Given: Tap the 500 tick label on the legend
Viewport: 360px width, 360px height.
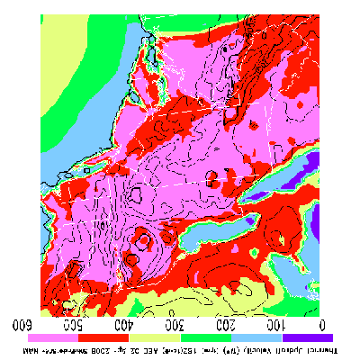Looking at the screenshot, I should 76,322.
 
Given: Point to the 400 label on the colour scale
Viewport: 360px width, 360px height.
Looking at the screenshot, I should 127,322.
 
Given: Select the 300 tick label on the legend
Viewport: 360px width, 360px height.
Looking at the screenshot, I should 177,322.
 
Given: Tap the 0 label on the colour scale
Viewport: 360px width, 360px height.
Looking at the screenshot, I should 322,322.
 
